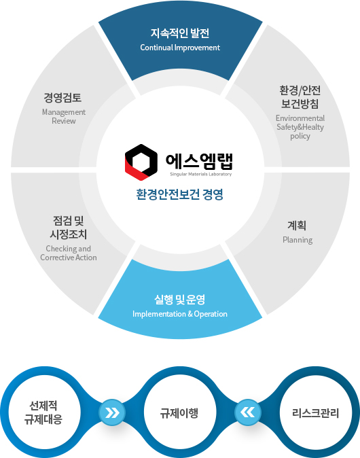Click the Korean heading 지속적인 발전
(x=180, y=33)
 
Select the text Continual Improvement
(x=180, y=48)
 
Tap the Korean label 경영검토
(x=62, y=97)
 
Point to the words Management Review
(x=64, y=116)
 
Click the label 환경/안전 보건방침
(x=300, y=97)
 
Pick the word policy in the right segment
(x=300, y=136)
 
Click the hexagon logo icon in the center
(x=141, y=162)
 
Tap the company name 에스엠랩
(x=199, y=161)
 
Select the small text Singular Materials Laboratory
(x=201, y=174)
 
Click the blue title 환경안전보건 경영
(x=179, y=194)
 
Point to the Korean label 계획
(x=297, y=225)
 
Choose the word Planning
(x=298, y=240)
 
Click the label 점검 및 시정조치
(x=69, y=227)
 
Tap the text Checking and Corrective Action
(x=69, y=253)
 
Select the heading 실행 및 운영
(x=179, y=300)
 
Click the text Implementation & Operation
(x=180, y=314)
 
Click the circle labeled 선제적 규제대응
(x=43, y=412)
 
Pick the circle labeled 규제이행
(x=179, y=412)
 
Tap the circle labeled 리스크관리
(x=316, y=412)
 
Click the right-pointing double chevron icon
(x=112, y=412)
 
